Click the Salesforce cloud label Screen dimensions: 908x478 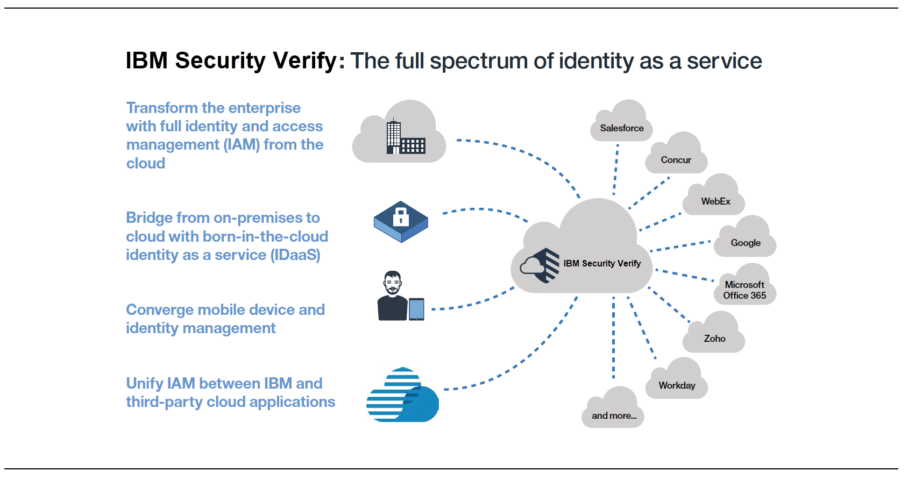coord(621,128)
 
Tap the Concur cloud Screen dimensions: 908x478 coord(676,154)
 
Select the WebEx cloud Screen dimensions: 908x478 coord(714,195)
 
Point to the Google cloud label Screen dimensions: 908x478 coord(746,243)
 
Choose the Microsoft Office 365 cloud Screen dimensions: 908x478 coord(745,285)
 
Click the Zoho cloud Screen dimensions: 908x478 coord(714,333)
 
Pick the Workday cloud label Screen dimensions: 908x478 coord(677,385)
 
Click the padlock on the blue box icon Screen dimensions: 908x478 coord(401,217)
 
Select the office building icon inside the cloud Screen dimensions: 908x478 coord(406,137)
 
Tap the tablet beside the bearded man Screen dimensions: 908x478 coord(416,309)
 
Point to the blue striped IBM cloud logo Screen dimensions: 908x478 coord(402,395)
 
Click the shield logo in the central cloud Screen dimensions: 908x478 coord(540,265)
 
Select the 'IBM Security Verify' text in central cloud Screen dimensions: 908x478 coord(602,263)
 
